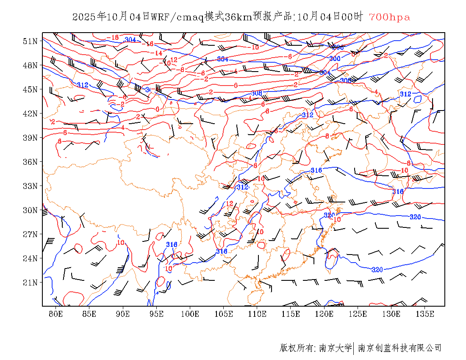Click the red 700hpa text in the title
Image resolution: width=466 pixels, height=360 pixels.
point(389,17)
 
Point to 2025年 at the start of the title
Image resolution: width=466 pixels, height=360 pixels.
point(89,17)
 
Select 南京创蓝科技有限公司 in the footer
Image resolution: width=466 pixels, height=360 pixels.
point(399,348)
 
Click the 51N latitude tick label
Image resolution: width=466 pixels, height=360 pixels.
point(30,41)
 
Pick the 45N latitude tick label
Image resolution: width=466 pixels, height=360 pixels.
point(30,89)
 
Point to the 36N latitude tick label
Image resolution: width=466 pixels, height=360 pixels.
point(30,162)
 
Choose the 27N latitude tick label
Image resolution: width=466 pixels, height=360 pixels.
point(30,234)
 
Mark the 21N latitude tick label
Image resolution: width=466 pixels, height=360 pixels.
point(30,282)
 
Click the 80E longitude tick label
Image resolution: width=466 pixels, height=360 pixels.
point(56,314)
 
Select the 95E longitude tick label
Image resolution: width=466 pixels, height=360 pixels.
point(157,314)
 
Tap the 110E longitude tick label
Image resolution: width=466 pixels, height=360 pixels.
point(257,314)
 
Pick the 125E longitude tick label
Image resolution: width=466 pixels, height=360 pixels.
point(358,314)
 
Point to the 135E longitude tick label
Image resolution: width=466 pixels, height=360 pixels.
point(425,314)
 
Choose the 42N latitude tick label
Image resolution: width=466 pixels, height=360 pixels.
point(30,114)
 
